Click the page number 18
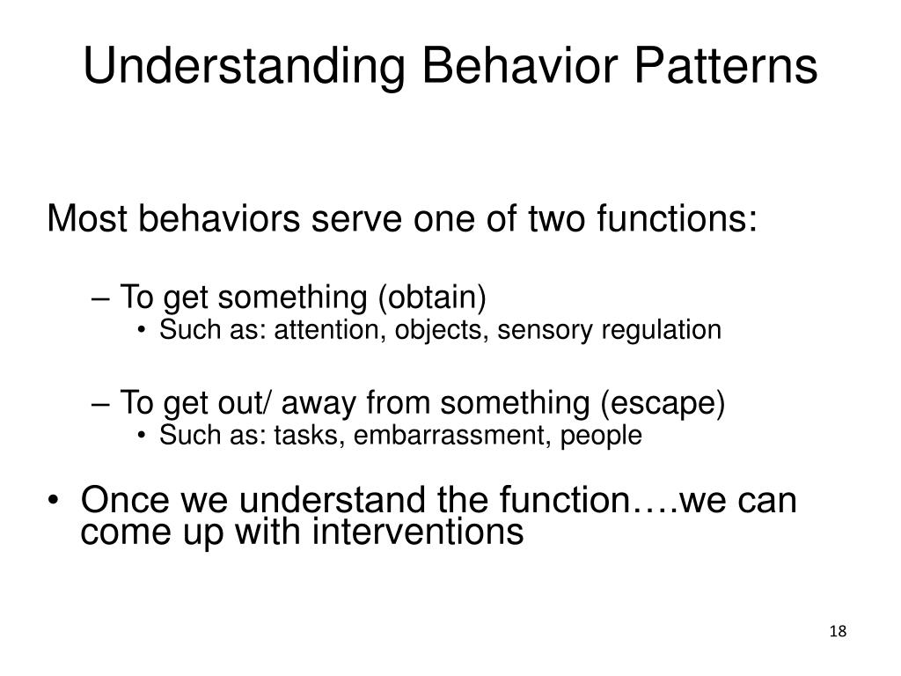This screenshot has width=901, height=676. (x=837, y=632)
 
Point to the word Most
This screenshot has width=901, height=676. (x=85, y=218)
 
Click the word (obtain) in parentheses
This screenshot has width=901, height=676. (x=432, y=298)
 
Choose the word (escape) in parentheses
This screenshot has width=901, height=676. (x=663, y=403)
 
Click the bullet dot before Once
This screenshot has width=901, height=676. (x=55, y=502)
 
